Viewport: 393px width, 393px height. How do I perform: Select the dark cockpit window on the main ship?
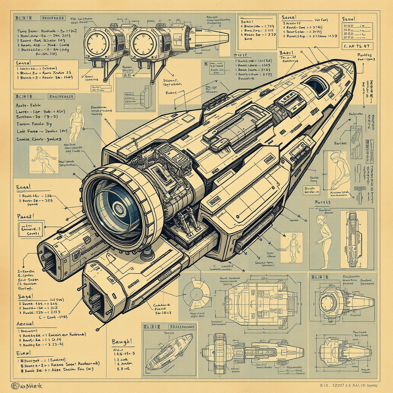click(x=315, y=85)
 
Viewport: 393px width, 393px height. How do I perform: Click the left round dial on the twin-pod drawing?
click(x=96, y=43)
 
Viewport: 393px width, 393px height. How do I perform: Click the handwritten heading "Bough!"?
click(x=122, y=341)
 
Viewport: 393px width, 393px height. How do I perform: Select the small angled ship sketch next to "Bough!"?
click(x=169, y=351)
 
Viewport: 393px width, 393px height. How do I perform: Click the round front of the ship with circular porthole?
click(x=328, y=302)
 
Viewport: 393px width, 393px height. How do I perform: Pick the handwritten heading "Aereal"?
click(x=26, y=324)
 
